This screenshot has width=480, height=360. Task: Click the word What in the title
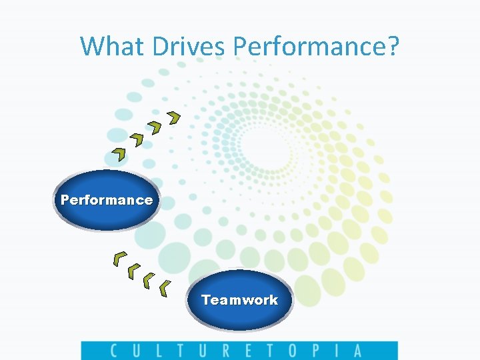[113, 46]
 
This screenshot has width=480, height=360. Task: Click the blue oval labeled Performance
[107, 200]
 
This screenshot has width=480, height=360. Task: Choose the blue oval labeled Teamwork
[239, 300]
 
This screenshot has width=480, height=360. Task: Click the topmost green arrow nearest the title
[174, 118]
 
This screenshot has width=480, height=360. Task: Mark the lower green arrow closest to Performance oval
[120, 257]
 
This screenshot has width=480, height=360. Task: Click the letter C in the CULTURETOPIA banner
[114, 351]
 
